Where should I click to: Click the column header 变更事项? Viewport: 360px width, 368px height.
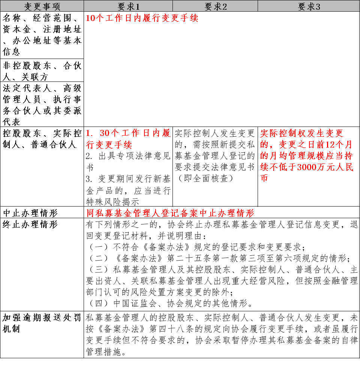tap(42, 6)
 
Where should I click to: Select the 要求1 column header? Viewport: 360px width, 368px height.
tap(128, 6)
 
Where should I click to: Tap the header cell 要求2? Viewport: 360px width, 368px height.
tap(215, 6)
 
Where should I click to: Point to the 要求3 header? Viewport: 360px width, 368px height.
tap(309, 6)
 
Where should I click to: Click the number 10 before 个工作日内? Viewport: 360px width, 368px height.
tap(90, 18)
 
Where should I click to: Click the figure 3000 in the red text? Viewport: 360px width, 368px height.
tap(306, 167)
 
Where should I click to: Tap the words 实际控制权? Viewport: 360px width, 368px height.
tap(278, 133)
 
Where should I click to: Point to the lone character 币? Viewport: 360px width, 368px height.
tap(264, 178)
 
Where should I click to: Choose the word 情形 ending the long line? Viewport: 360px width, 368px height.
tap(245, 213)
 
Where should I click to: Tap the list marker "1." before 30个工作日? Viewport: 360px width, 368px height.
tap(89, 133)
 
